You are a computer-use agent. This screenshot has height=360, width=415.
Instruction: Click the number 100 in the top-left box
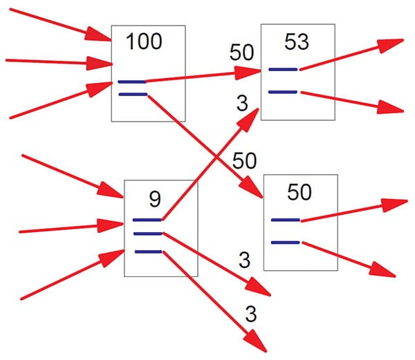144,41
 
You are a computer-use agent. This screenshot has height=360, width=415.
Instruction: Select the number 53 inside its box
296,41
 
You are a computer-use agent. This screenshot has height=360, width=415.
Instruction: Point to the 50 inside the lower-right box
299,193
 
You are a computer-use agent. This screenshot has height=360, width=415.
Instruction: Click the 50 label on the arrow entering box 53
243,53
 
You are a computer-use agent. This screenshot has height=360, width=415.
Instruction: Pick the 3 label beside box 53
242,104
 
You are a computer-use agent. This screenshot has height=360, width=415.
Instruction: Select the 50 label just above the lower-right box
243,161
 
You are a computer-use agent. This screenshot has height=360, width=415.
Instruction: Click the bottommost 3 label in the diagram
251,314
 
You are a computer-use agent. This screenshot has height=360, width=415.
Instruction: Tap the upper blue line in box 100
132,82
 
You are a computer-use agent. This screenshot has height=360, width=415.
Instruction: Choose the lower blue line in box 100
132,93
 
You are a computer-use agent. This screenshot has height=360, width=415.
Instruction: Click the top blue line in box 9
147,220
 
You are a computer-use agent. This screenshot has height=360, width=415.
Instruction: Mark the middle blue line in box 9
147,234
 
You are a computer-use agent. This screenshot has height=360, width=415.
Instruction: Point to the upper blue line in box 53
283,69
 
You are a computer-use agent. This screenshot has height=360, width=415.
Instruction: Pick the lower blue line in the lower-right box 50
285,242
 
